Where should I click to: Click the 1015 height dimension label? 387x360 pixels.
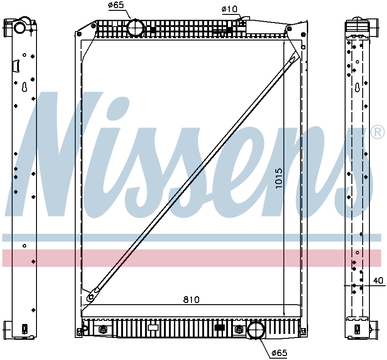[279, 178]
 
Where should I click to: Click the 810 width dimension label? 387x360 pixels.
[191, 300]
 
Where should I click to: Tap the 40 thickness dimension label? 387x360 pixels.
[378, 280]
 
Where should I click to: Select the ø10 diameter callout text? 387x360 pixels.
[229, 9]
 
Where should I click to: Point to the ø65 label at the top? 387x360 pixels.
[116, 5]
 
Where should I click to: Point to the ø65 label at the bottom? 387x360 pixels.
[279, 353]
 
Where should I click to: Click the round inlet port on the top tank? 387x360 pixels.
[136, 27]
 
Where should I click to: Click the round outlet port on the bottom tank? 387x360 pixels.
[256, 330]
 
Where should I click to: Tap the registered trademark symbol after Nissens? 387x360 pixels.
[378, 133]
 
